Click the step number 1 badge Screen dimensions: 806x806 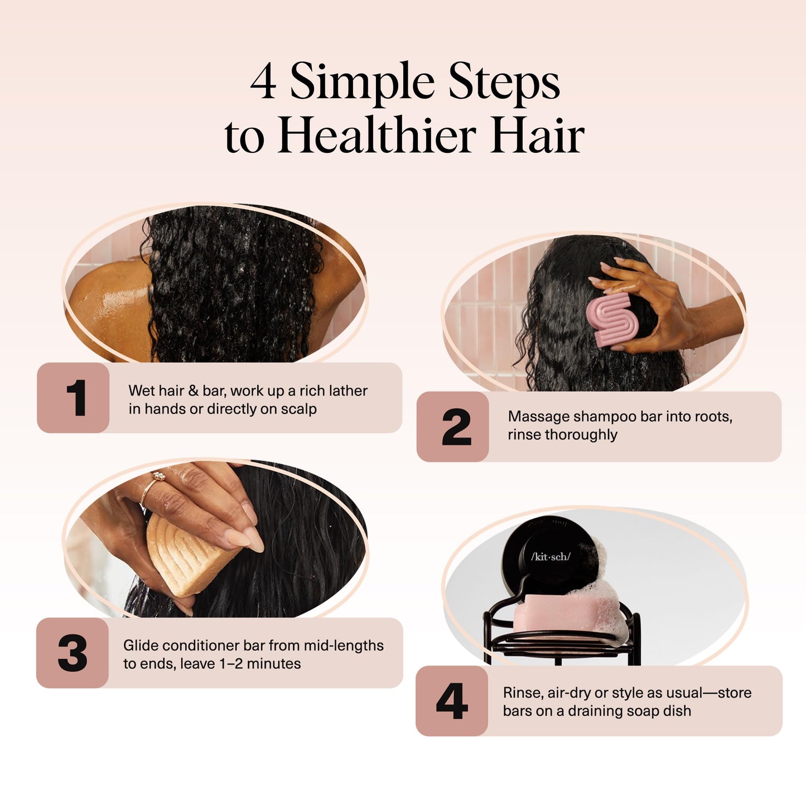pyautogui.click(x=74, y=398)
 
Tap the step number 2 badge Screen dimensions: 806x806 pyautogui.click(x=453, y=427)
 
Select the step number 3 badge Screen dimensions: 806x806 pyautogui.click(x=73, y=653)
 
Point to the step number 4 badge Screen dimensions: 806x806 pyautogui.click(x=452, y=701)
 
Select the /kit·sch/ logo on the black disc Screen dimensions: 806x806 pyautogui.click(x=551, y=557)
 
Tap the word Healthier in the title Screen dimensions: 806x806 pyautogui.click(x=378, y=136)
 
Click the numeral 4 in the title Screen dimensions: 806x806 pyautogui.click(x=263, y=83)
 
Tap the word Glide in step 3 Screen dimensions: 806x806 pyautogui.click(x=139, y=645)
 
